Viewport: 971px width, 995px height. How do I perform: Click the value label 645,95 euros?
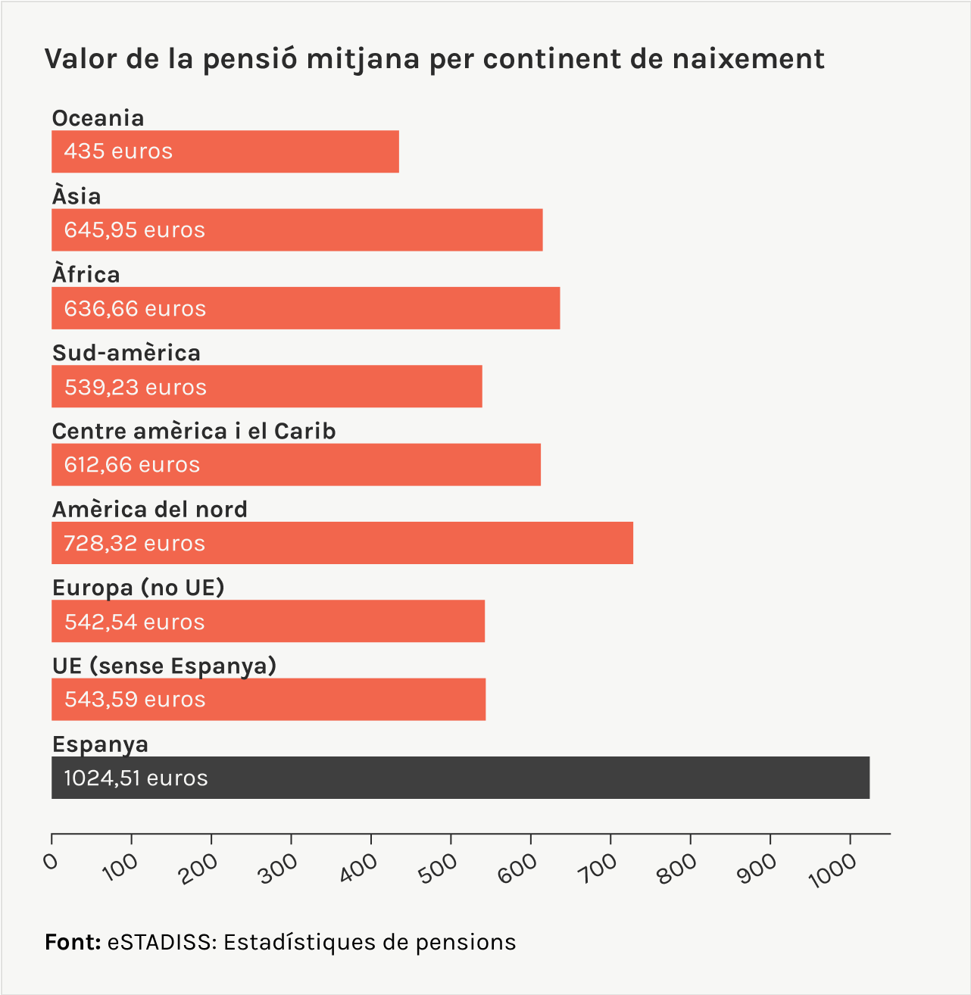point(135,230)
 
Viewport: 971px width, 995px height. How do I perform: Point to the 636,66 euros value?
point(135,309)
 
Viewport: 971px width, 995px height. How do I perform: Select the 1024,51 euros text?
point(136,778)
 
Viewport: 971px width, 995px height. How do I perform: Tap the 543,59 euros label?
point(135,700)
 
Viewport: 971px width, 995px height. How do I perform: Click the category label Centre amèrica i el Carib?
point(194,431)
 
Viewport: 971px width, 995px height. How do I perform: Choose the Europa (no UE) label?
point(139,588)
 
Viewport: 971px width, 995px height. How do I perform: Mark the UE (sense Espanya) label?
point(164,666)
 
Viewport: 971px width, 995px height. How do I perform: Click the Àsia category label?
point(76,196)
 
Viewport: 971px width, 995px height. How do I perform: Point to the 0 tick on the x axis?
point(52,862)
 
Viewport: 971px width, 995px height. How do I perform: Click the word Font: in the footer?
point(73,942)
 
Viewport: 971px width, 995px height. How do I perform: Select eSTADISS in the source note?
point(161,942)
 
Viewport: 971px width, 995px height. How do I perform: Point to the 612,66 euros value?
point(132,465)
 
